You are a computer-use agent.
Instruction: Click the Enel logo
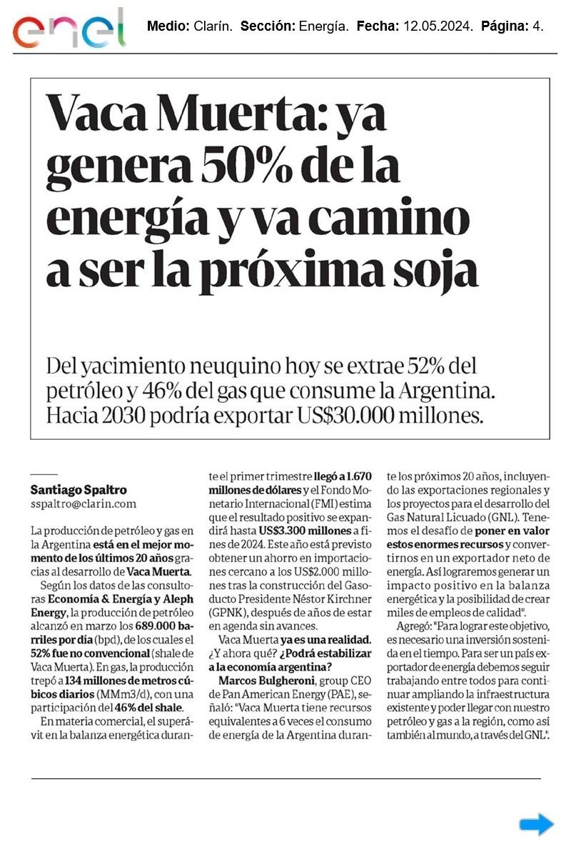(69, 30)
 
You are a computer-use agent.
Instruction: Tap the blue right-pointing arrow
(536, 825)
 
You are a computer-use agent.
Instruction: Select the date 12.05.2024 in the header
(438, 26)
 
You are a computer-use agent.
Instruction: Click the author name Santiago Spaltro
(79, 490)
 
